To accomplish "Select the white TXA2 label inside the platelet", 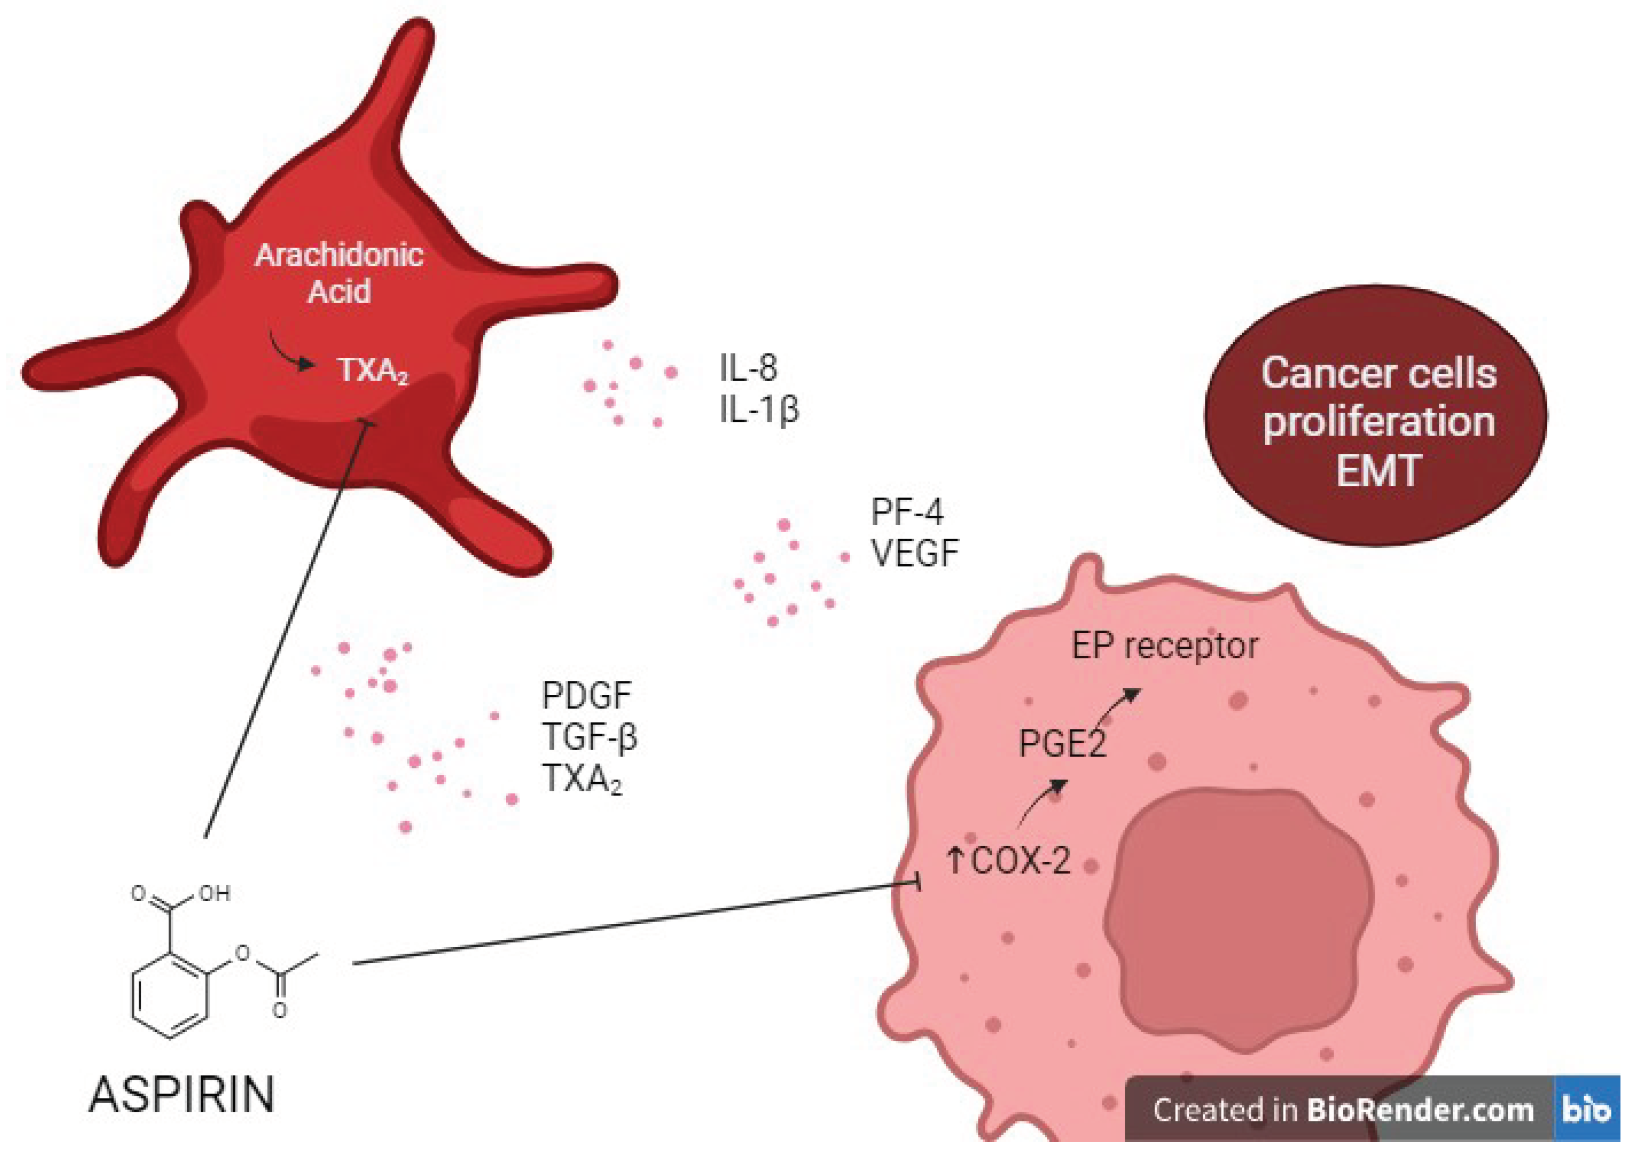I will pos(372,370).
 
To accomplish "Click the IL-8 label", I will pos(747,368).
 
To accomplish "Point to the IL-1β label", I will pos(759,410).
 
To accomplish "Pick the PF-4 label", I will pos(907,511).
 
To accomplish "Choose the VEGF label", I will pos(915,553).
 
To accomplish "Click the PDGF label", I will pos(586,695).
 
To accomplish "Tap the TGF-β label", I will pos(590,737).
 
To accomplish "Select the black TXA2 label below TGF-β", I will pos(582,778).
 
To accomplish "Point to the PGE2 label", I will pos(1062,744).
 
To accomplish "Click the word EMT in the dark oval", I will pos(1377,471).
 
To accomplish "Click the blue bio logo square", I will pos(1586,1110).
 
